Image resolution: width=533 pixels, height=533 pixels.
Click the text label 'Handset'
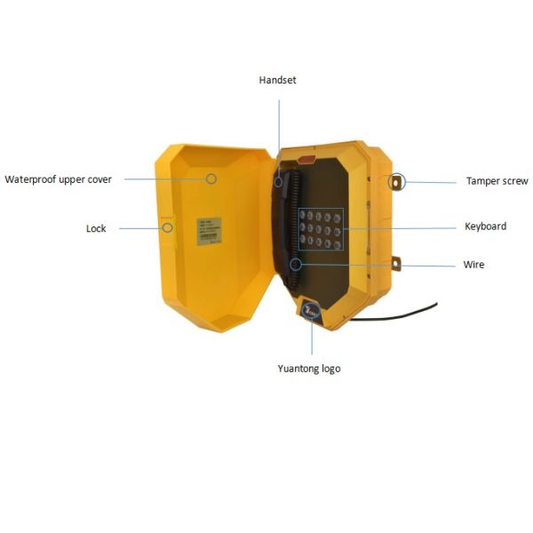pyautogui.click(x=277, y=80)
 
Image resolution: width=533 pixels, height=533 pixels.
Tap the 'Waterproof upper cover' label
pyautogui.click(x=59, y=179)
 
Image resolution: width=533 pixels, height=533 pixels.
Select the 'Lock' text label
pyautogui.click(x=96, y=228)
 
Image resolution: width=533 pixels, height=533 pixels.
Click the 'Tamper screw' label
pyautogui.click(x=497, y=181)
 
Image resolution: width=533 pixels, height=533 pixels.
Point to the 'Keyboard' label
pyautogui.click(x=485, y=227)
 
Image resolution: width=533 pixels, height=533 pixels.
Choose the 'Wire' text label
pyautogui.click(x=473, y=265)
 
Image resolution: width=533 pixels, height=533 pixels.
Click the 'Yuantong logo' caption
pyautogui.click(x=308, y=369)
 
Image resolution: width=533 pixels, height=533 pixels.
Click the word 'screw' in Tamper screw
pyautogui.click(x=514, y=181)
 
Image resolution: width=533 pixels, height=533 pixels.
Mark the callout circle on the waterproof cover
pyautogui.click(x=211, y=179)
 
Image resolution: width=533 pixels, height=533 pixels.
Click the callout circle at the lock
pyautogui.click(x=167, y=227)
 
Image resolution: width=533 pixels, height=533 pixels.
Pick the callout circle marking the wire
pyautogui.click(x=296, y=264)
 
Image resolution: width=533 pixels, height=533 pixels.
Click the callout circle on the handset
pyautogui.click(x=278, y=181)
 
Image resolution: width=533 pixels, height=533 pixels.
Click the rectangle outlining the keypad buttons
pyautogui.click(x=321, y=228)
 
